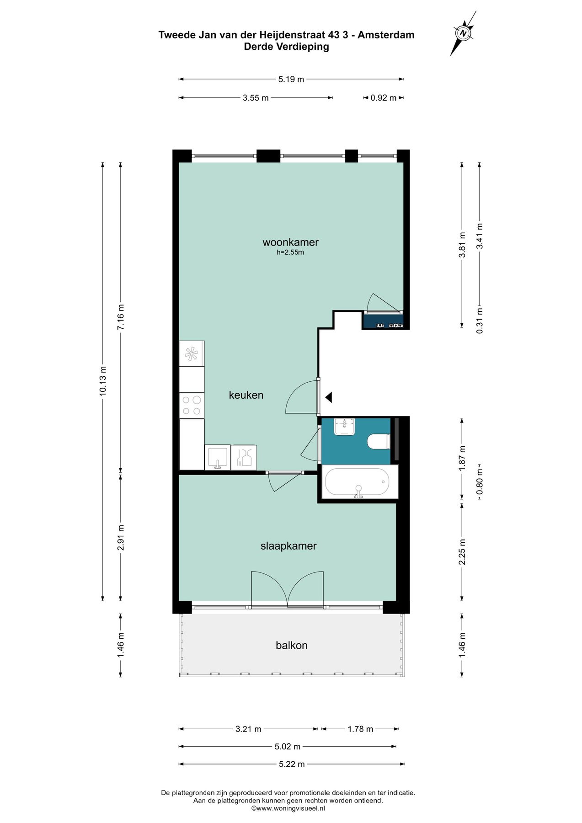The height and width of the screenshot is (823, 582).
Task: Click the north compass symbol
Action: click(463, 33)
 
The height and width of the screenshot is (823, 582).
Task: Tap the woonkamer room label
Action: click(290, 242)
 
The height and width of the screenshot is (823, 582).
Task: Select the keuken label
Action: click(246, 395)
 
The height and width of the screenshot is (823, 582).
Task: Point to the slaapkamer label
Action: click(288, 546)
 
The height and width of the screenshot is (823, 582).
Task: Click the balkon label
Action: click(292, 645)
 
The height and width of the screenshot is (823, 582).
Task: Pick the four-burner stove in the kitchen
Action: click(192, 405)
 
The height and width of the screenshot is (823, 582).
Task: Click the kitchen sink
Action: click(218, 458)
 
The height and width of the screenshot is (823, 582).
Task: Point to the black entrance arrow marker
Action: click(329, 397)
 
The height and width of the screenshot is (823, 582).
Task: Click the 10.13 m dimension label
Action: click(103, 380)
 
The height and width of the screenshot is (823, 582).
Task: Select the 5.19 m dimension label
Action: click(291, 80)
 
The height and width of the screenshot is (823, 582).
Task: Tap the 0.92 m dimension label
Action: click(383, 98)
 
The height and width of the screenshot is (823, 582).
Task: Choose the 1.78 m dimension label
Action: click(360, 729)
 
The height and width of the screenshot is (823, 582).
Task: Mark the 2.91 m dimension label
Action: click(121, 537)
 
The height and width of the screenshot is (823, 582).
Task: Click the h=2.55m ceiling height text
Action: click(290, 252)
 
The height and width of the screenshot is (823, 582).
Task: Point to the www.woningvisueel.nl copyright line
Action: click(288, 808)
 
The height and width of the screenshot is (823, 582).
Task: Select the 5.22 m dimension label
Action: click(291, 764)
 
